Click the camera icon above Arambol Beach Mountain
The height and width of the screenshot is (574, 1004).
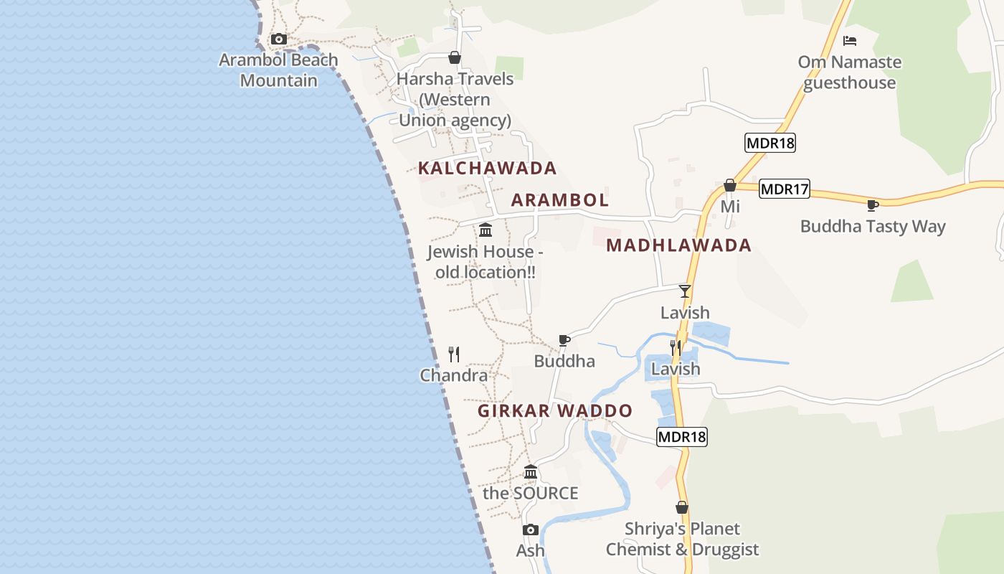[x=279, y=39]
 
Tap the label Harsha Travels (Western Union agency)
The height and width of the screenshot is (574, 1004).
[x=455, y=100]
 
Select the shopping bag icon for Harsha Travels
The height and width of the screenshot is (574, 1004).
[x=454, y=57]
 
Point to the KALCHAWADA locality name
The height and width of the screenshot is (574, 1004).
[x=487, y=169]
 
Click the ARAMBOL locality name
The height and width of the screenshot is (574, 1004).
[x=559, y=200]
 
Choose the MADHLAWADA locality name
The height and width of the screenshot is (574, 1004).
[x=678, y=245]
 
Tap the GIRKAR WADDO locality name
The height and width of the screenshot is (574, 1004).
[x=555, y=411]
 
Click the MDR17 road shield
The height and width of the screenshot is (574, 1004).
[x=785, y=189]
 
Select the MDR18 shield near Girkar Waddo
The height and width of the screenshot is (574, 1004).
[x=681, y=436]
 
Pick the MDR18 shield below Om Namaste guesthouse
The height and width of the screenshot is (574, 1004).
[x=770, y=143]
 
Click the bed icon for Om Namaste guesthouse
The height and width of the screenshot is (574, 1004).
[x=850, y=41]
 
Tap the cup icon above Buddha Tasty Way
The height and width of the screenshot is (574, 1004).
[x=873, y=206]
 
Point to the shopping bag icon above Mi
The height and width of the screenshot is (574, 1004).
[x=730, y=186]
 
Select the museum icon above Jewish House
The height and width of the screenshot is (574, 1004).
[x=486, y=230]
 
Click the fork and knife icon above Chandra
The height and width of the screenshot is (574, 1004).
[x=453, y=354]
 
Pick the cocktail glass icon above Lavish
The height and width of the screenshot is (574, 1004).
[x=685, y=291]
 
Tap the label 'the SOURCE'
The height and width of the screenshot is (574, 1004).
[x=530, y=494]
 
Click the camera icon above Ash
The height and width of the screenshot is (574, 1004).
[x=531, y=530]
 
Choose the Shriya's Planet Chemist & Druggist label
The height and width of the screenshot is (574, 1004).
[x=682, y=540]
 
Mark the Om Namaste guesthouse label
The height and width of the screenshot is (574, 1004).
[x=850, y=72]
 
